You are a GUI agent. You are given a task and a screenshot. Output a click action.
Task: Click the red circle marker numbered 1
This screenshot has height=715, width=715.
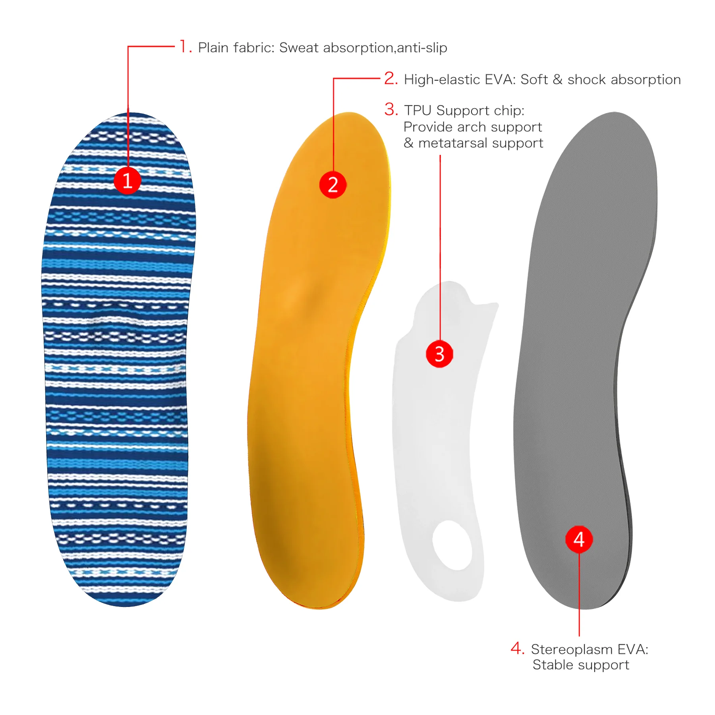(x=128, y=181)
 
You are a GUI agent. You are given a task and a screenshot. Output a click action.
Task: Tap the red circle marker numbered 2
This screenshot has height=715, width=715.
(x=333, y=185)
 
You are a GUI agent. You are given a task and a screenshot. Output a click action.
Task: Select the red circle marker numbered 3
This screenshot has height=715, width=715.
(x=439, y=354)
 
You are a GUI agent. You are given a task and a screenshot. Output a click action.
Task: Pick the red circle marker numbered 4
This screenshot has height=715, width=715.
(x=579, y=539)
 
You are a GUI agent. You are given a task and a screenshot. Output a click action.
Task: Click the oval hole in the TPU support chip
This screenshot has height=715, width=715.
(x=452, y=545)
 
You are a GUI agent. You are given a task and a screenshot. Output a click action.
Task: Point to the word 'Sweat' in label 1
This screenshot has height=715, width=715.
(x=299, y=48)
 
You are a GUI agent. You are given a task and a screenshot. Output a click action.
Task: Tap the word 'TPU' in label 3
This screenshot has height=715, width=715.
(x=417, y=110)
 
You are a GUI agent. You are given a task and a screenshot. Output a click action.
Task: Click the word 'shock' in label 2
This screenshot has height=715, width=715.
(x=587, y=80)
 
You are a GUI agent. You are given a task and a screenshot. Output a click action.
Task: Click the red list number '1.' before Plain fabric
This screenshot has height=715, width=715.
(x=185, y=47)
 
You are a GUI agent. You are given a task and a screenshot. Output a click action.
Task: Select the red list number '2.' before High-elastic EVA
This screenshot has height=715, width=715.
(x=391, y=79)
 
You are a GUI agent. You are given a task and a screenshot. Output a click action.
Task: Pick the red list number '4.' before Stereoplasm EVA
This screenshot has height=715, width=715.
(x=518, y=648)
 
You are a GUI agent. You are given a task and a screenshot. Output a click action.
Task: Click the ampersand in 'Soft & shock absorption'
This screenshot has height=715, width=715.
(x=558, y=80)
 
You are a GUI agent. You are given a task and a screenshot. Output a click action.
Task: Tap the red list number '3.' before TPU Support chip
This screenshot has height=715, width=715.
(x=391, y=110)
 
